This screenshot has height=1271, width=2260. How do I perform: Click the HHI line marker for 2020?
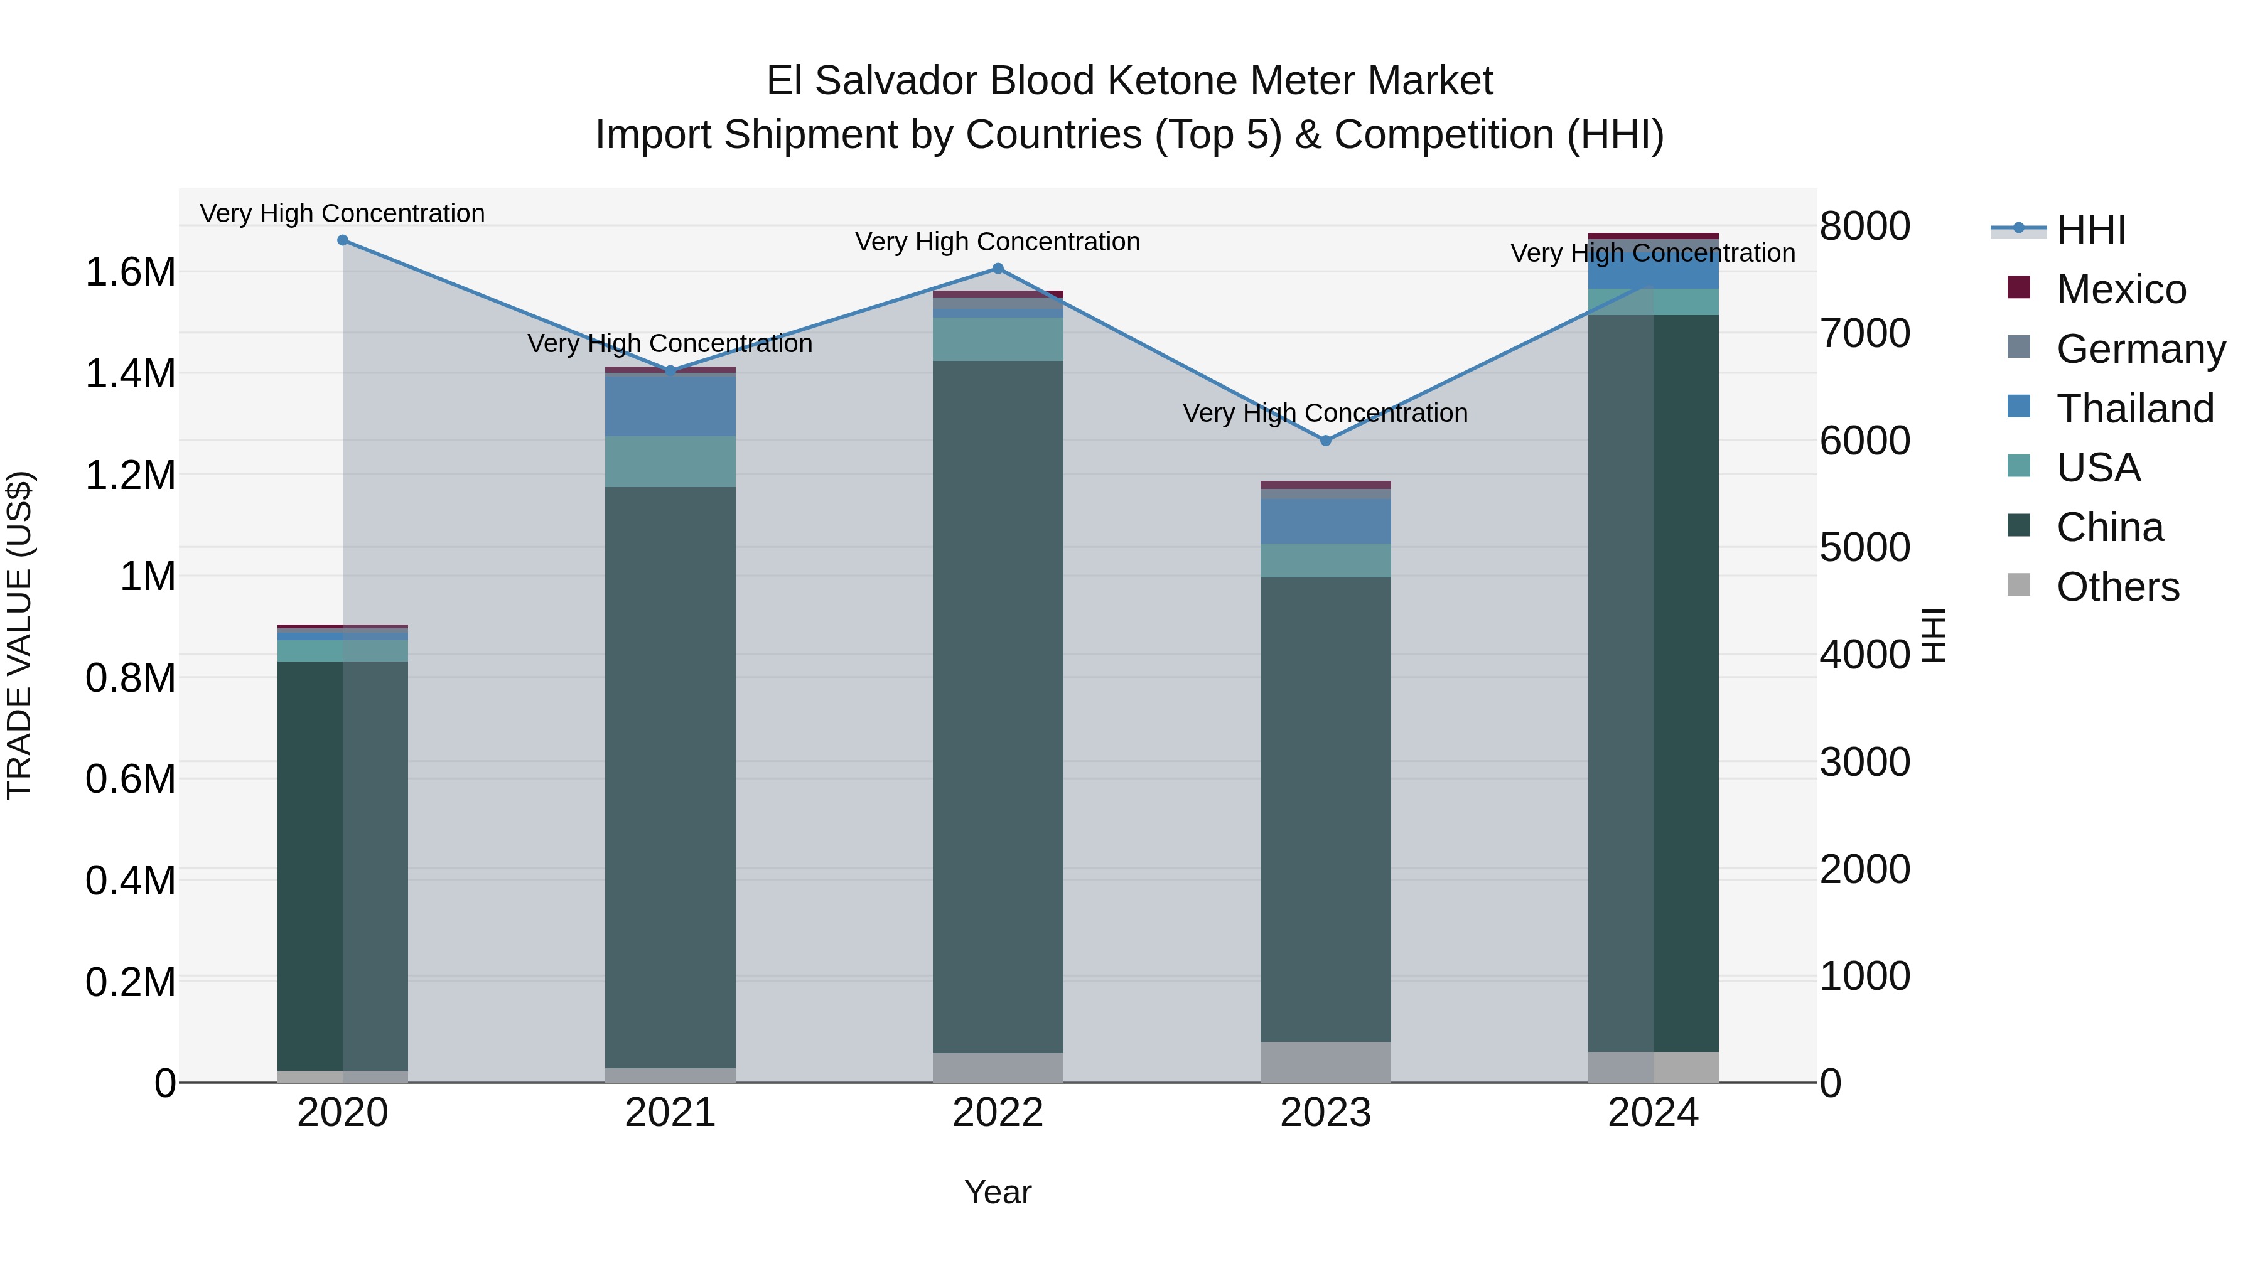(342, 240)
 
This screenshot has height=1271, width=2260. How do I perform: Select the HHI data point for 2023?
(1326, 441)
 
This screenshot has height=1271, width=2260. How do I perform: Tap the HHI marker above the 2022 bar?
(998, 269)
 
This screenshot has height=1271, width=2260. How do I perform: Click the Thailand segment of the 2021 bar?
(670, 405)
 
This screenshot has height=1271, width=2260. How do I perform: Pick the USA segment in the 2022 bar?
(998, 340)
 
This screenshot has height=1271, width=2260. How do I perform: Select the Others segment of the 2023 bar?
(1326, 1061)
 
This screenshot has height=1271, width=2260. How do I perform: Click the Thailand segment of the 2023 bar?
(1326, 521)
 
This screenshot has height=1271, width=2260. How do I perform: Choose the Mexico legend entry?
(2121, 289)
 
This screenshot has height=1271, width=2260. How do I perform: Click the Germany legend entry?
(2140, 349)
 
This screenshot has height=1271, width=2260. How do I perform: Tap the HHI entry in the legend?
(2090, 230)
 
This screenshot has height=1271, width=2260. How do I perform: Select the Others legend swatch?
(2019, 585)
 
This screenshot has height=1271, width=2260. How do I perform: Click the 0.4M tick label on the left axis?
(130, 881)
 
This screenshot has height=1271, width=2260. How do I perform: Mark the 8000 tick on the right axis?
(1864, 227)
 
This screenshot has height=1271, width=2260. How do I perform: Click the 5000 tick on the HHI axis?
(1864, 548)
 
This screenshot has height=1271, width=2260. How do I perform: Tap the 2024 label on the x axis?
(1653, 1113)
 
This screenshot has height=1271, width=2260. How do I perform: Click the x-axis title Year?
(998, 1192)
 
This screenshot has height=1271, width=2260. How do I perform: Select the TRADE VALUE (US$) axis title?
(19, 635)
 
